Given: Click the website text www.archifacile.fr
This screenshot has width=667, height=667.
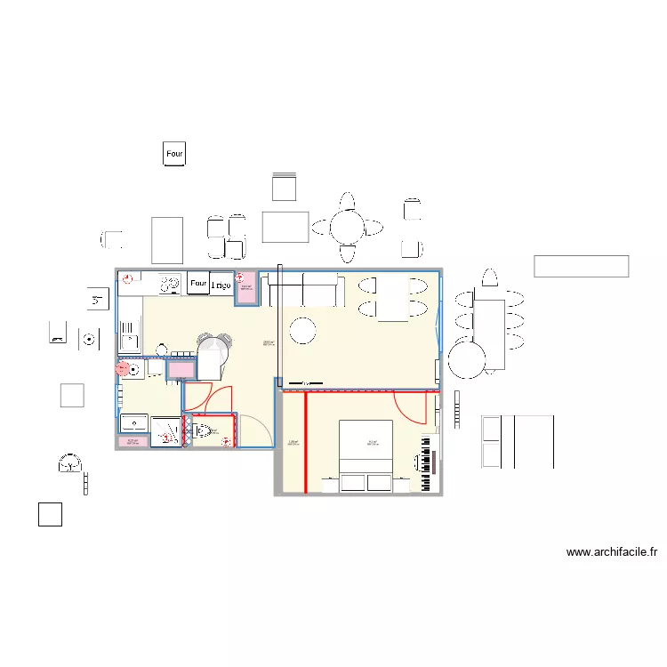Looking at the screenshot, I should pyautogui.click(x=612, y=552).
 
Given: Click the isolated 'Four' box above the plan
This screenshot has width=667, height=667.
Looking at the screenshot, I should pyautogui.click(x=174, y=154).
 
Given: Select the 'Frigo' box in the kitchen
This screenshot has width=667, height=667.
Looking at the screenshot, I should pyautogui.click(x=221, y=284).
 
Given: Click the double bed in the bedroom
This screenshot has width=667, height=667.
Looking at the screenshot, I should pyautogui.click(x=366, y=454).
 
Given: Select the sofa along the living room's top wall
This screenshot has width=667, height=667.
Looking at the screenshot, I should pyautogui.click(x=306, y=289).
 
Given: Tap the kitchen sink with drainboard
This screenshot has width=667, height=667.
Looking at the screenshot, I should pyautogui.click(x=130, y=339).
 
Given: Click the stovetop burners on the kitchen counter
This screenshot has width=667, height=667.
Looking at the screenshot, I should pyautogui.click(x=167, y=285).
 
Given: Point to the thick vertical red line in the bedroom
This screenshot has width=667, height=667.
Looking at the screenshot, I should pyautogui.click(x=305, y=442).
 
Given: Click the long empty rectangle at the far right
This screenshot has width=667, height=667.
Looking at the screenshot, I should pyautogui.click(x=581, y=266).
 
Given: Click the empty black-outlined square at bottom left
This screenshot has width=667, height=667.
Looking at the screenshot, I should pyautogui.click(x=50, y=514).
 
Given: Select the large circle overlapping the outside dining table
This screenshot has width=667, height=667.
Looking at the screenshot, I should pyautogui.click(x=466, y=358).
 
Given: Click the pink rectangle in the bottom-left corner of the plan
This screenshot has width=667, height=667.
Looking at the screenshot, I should pyautogui.click(x=133, y=441).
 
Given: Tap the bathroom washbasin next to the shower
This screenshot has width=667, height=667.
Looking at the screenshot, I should pyautogui.click(x=134, y=422).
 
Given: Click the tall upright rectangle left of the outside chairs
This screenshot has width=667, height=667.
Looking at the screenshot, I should pyautogui.click(x=167, y=239).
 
